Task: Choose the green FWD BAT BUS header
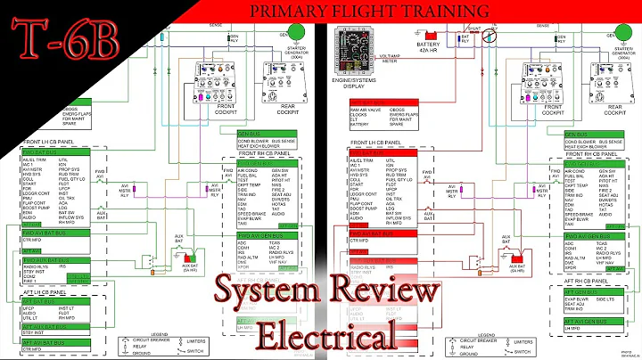pos(40,152)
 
